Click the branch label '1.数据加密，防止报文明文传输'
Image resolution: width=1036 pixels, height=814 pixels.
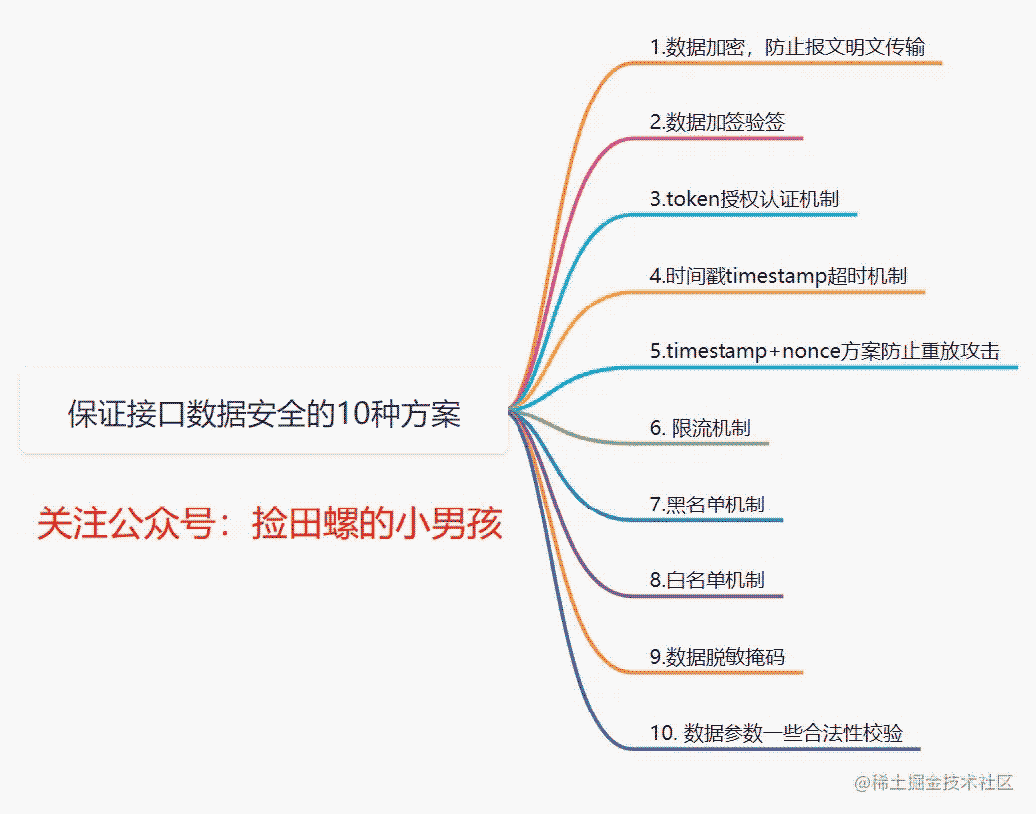(787, 47)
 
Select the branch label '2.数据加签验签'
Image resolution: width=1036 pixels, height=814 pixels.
(718, 122)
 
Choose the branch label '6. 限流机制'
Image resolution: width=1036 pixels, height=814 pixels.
(701, 428)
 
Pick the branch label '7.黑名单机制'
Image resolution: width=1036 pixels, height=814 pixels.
(707, 505)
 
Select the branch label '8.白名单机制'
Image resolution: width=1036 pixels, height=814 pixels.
(707, 580)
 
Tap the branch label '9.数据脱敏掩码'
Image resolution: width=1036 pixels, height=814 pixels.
(718, 657)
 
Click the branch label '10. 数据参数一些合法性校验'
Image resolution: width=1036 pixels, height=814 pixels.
(776, 733)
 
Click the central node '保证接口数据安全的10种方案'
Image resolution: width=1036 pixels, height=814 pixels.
(264, 414)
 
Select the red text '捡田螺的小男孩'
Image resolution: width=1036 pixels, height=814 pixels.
(376, 524)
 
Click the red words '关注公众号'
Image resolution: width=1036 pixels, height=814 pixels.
(126, 524)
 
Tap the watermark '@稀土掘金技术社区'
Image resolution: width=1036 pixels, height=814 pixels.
(933, 783)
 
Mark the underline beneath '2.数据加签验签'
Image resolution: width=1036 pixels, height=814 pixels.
(714, 138)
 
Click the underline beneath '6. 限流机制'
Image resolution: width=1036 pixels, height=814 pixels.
(697, 443)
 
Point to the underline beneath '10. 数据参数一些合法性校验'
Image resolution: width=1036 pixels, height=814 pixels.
(772, 749)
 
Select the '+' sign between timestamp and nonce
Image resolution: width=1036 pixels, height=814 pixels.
(775, 352)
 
